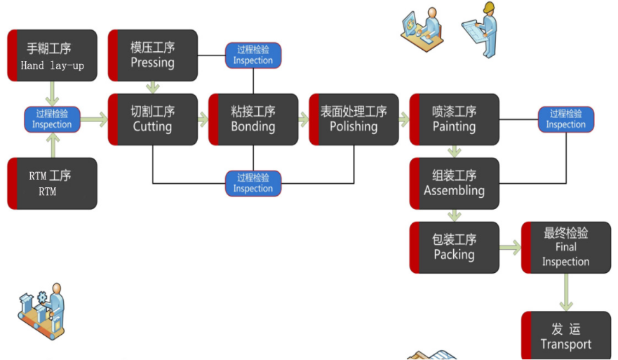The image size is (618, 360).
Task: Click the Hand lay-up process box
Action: pyautogui.click(x=52, y=55)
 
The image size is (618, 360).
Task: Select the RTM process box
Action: pyautogui.click(x=52, y=183)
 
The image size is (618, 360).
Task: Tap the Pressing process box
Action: pyautogui.click(x=153, y=55)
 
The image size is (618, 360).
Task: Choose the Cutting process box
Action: pyautogui.click(x=153, y=119)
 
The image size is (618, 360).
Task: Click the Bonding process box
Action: pyautogui.click(x=253, y=119)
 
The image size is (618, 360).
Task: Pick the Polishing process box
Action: pyautogui.click(x=354, y=119)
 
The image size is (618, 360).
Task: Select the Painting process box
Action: pyautogui.click(x=455, y=119)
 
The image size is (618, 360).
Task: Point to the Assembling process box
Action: pyautogui.click(x=455, y=183)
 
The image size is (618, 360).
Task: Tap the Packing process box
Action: pyautogui.click(x=455, y=247)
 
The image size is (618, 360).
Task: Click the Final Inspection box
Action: pyautogui.click(x=566, y=247)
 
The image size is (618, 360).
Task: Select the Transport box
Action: pyautogui.click(x=566, y=336)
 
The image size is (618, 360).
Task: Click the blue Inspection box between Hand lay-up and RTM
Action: pyautogui.click(x=52, y=119)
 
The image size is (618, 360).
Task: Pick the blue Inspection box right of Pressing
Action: pyautogui.click(x=253, y=55)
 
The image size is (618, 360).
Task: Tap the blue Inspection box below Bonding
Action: pyautogui.click(x=253, y=183)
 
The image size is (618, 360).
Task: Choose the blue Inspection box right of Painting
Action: pyautogui.click(x=566, y=119)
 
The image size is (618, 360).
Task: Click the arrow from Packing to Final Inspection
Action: pyautogui.click(x=511, y=247)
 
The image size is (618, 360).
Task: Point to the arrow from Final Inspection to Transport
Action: pyautogui.click(x=566, y=292)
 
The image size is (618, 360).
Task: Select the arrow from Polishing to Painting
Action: pyautogui.click(x=404, y=119)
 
